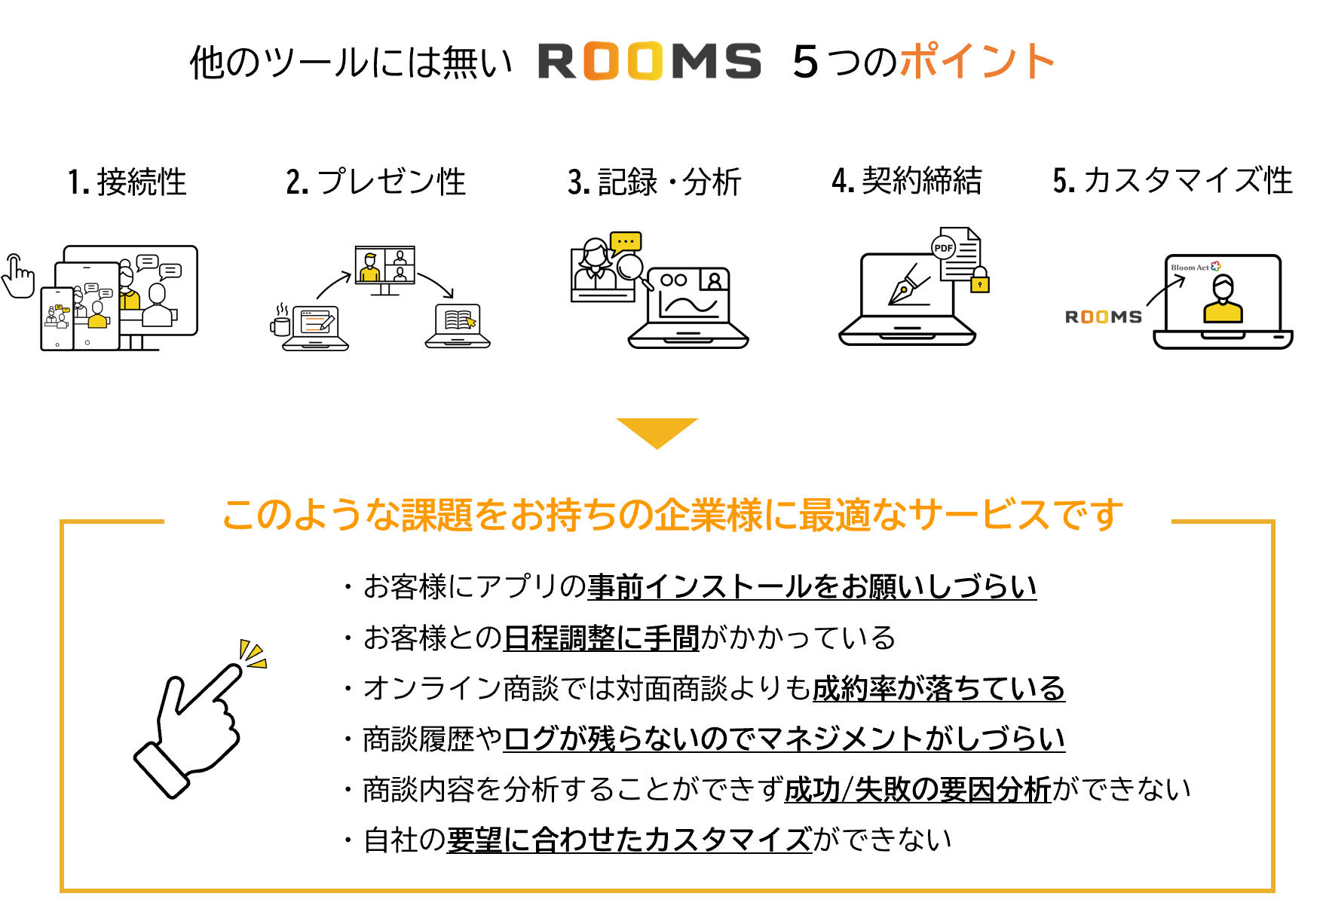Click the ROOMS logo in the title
point(649,61)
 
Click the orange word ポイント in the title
point(977,61)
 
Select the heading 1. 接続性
point(127,182)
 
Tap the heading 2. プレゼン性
point(376,182)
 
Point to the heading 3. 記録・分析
point(654,182)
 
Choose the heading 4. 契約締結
point(907,181)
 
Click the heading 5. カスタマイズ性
point(1172,181)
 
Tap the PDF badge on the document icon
point(943,247)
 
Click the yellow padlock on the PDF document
point(979,280)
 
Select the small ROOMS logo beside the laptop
point(1103,317)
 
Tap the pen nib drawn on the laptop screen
point(908,286)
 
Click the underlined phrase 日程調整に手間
point(601,638)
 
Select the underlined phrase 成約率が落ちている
point(938,689)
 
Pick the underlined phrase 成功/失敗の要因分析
point(917,790)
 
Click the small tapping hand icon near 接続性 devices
point(17,277)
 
